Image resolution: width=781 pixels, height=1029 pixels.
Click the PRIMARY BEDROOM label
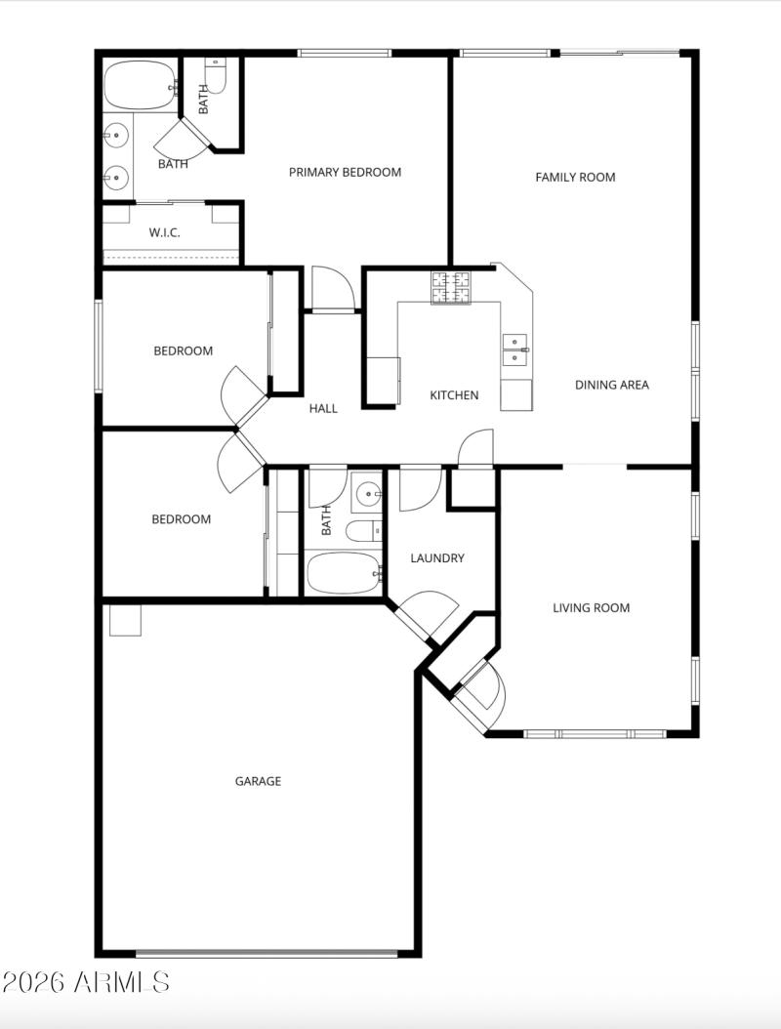[x=345, y=172]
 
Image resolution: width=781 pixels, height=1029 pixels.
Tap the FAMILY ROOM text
[x=575, y=177]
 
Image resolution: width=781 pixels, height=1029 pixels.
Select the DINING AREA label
[x=611, y=385]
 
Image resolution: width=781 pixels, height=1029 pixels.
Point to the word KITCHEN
[x=454, y=395]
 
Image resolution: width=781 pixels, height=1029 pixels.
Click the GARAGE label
[x=258, y=781]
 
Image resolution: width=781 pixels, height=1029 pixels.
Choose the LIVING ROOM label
[x=591, y=607]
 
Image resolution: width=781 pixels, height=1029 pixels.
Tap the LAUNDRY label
[x=436, y=558]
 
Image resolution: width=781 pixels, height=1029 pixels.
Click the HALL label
[x=323, y=408]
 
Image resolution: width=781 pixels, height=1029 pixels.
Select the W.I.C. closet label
[x=164, y=232]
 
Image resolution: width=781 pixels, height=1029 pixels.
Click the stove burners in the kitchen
[x=451, y=287]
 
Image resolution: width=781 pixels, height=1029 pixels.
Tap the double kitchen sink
[x=515, y=349]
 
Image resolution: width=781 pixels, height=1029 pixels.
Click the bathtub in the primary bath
[x=140, y=87]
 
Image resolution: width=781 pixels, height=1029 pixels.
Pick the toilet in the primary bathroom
[x=216, y=75]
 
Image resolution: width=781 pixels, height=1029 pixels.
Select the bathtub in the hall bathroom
[x=343, y=573]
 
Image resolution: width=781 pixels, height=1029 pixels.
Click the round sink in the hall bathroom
[x=367, y=492]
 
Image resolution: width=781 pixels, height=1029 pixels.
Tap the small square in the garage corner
[x=125, y=620]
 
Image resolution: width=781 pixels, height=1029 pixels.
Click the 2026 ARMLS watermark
[x=86, y=981]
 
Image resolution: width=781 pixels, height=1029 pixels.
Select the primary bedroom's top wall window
[x=344, y=53]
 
